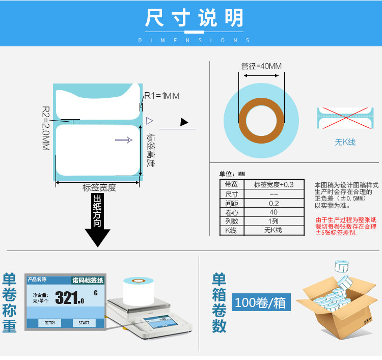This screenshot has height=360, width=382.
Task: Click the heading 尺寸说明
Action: [x=195, y=18]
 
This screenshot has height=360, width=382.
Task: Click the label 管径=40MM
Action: [x=261, y=66]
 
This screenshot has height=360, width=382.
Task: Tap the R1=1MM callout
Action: [x=162, y=96]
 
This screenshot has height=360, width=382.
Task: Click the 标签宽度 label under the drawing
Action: [x=99, y=188]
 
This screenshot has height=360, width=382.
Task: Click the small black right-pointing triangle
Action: [x=184, y=122]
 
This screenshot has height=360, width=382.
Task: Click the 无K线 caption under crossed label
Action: [x=345, y=142]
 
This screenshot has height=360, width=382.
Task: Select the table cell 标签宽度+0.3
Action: [x=274, y=184]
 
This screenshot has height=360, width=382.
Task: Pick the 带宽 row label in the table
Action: [x=232, y=184]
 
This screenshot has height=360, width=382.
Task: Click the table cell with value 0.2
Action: [x=274, y=203]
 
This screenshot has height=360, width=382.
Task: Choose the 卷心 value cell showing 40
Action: [x=274, y=212]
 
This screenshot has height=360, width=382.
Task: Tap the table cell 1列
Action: [x=274, y=221]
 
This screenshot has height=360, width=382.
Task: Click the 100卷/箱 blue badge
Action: [x=261, y=302]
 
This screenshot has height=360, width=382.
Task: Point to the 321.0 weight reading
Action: [x=69, y=298]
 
